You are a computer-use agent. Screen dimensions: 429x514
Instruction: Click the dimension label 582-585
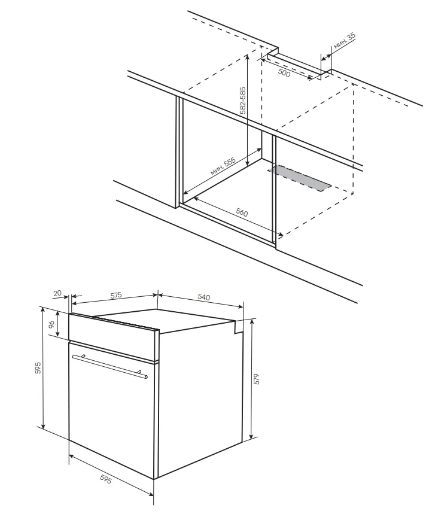242,101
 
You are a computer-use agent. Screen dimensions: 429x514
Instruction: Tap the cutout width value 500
284,73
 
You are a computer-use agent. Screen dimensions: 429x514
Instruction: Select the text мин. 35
345,41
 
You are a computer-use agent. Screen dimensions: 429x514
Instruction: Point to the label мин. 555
223,167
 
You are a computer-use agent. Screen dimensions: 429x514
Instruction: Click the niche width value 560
242,212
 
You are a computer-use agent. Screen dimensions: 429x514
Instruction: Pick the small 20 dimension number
57,293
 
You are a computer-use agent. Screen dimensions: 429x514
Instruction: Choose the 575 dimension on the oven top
115,295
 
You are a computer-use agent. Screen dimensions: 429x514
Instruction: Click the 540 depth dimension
203,297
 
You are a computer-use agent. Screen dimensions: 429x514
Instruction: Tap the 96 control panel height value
51,324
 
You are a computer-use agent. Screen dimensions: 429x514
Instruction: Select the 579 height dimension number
257,379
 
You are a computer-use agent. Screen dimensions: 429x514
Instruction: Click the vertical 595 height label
38,368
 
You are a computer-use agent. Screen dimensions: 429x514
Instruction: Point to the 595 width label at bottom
105,479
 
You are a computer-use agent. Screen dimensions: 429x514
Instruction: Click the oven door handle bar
110,366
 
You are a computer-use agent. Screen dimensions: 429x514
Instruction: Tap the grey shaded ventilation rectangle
300,178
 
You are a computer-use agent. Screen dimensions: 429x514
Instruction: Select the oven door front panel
111,410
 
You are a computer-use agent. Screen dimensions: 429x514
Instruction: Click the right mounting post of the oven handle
140,372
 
